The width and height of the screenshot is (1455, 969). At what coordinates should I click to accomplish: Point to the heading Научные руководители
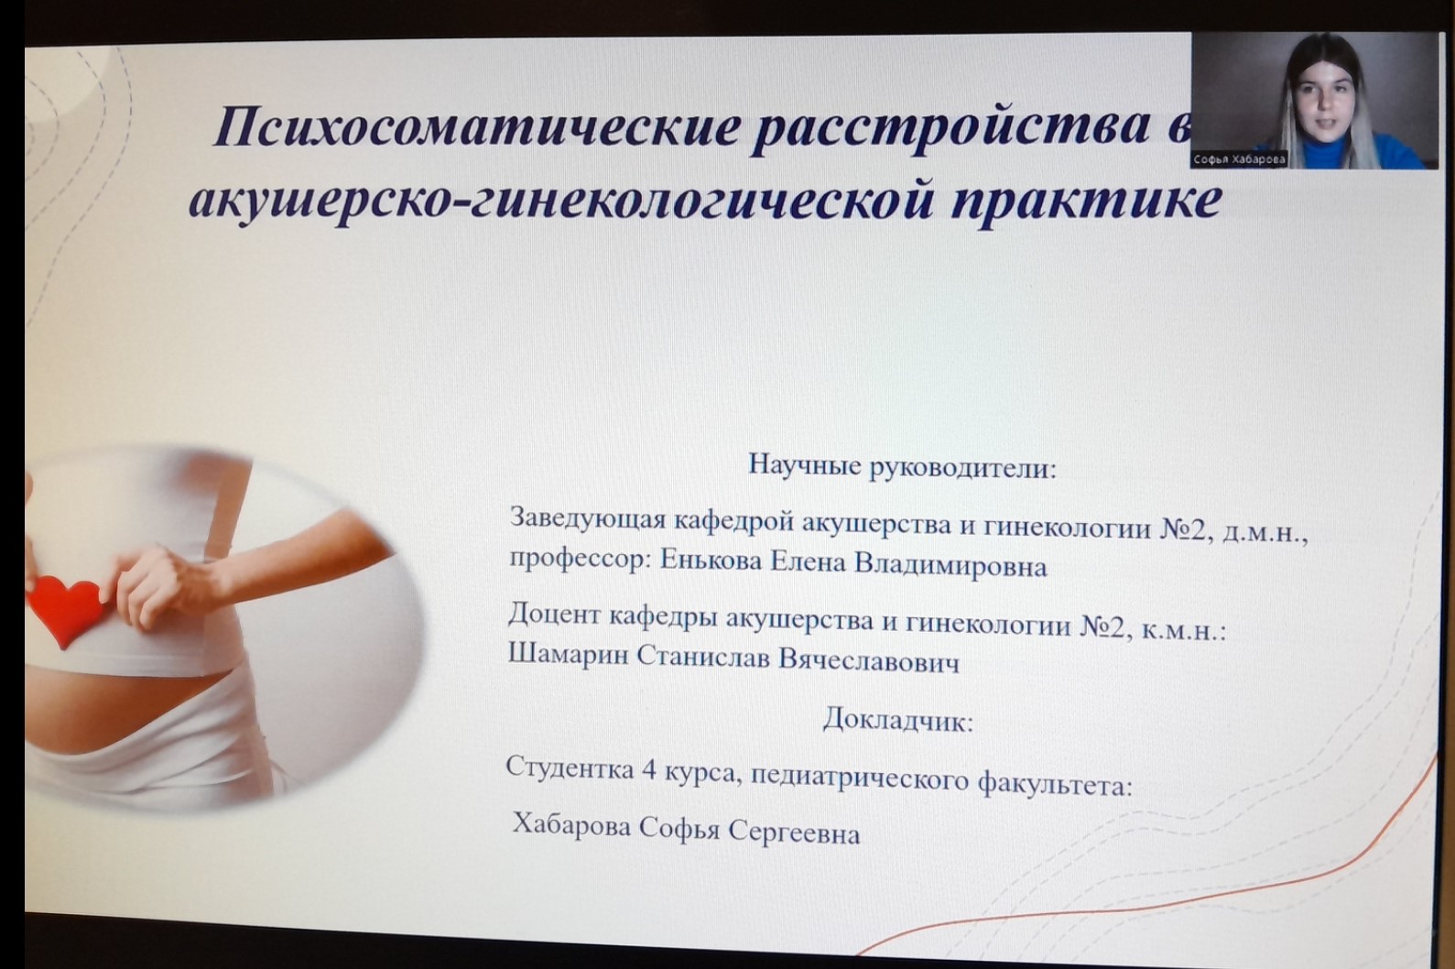tap(902, 466)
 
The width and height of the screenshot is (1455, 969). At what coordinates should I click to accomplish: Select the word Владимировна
tap(950, 564)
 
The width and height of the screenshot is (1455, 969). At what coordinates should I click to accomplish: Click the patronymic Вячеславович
tap(868, 660)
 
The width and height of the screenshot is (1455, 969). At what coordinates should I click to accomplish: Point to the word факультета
tap(1055, 785)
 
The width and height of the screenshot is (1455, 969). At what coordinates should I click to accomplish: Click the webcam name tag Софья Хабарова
tap(1239, 159)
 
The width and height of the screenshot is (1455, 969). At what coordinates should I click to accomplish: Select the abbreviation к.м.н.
tap(1183, 630)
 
